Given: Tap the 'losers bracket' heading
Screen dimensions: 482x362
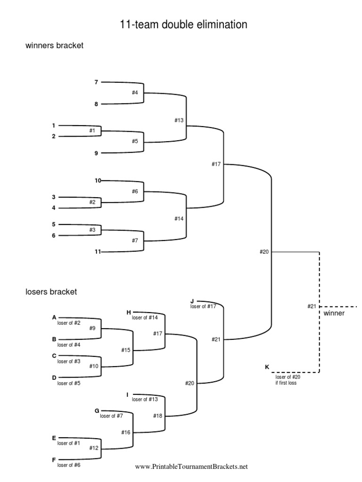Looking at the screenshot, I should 51,292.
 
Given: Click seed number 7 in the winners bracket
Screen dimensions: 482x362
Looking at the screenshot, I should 96,82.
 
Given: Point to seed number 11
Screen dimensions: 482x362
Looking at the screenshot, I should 97,252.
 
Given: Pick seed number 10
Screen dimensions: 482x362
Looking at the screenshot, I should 97,180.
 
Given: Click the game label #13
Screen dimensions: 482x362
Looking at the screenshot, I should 178,120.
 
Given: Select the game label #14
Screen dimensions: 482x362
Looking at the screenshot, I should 178,218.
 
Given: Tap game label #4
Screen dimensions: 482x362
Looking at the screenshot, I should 135,93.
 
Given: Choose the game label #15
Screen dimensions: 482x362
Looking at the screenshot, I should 125,350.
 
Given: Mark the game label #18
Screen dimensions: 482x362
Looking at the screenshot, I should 157,416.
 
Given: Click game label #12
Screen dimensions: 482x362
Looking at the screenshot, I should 94,448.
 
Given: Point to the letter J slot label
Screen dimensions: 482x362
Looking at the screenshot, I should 192,300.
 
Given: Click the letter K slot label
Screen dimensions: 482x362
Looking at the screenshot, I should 268,366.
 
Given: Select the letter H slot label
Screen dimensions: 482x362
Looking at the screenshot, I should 128,312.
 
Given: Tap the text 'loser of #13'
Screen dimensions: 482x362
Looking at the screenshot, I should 148,400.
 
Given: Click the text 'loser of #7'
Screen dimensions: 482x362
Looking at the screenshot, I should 112,416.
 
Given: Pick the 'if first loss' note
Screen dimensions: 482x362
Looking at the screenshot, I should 286,383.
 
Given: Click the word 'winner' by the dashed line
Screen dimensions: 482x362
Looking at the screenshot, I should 334,313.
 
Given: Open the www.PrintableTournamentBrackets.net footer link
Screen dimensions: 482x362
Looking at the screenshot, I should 191,467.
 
